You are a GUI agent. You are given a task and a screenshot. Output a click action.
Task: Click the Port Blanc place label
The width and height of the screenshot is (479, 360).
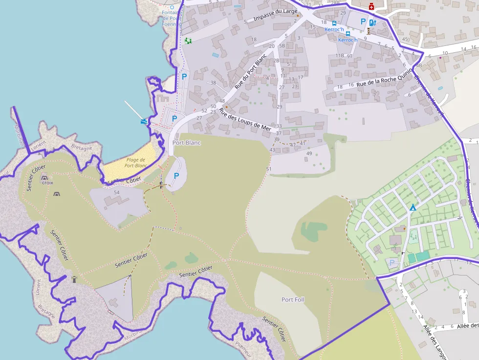point(186,143)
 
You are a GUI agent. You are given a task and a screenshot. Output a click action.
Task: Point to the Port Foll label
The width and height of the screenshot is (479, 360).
point(293,299)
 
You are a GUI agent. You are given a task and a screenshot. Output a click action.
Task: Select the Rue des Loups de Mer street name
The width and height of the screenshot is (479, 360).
point(245,119)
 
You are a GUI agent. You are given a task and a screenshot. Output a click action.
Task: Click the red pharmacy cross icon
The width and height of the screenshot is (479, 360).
point(371,6)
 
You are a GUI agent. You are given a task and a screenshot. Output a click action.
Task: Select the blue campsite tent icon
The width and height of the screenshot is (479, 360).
point(413,208)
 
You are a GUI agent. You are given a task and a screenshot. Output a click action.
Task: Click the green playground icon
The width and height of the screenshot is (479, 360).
point(188,41)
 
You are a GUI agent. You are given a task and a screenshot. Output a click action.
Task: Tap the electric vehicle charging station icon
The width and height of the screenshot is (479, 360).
point(373,22)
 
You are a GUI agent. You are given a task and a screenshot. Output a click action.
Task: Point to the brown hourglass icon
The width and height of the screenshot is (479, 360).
point(369,31)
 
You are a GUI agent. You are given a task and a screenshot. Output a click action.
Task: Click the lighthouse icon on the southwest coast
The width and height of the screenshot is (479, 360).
point(74,279)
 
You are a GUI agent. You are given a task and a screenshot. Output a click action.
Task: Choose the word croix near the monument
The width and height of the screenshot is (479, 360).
point(47,183)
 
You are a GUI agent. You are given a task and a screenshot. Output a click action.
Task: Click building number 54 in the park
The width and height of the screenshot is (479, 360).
point(116,192)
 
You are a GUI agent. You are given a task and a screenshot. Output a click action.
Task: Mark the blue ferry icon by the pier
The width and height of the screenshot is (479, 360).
point(144,121)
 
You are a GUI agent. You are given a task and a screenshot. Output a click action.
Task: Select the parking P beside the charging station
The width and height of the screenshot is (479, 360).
point(363,21)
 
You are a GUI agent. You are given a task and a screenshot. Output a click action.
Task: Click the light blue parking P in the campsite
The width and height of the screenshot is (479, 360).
point(392,262)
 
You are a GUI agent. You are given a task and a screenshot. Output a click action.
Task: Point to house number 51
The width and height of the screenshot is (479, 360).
point(268,169)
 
